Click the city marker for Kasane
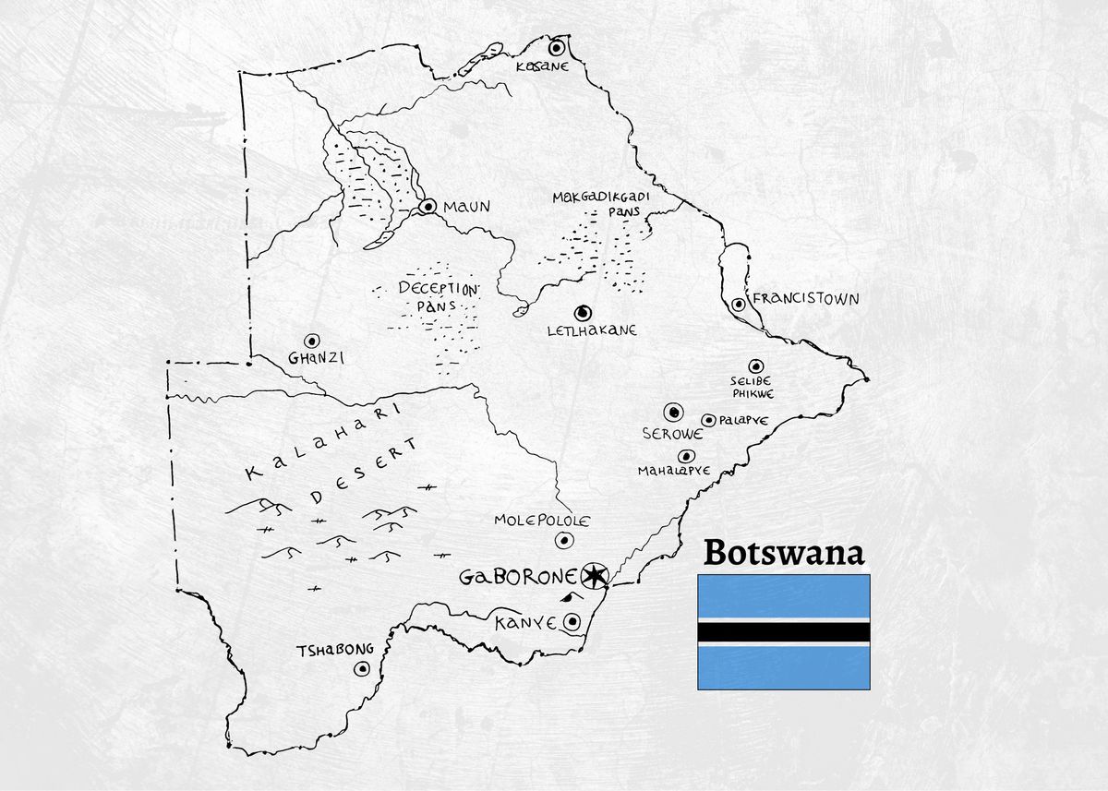557,47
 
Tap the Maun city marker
428,207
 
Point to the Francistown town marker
739,304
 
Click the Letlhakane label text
592,330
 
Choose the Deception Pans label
439,296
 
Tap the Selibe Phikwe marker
755,366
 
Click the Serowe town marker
674,412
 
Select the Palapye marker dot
708,420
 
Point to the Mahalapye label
674,471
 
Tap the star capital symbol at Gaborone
595,577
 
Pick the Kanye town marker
572,622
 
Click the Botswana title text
784,552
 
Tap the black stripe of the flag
783,632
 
